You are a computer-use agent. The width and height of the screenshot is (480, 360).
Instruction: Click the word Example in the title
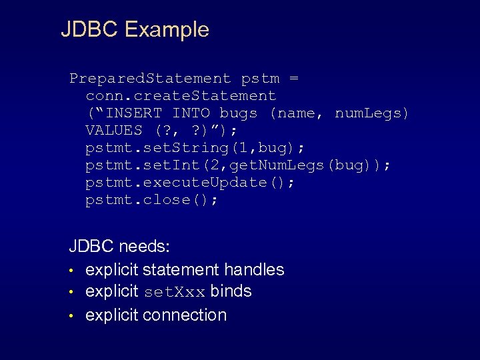pyautogui.click(x=166, y=29)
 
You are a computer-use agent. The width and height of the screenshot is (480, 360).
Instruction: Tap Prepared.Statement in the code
pyautogui.click(x=150, y=79)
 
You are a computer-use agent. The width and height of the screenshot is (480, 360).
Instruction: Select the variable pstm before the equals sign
pyautogui.click(x=260, y=79)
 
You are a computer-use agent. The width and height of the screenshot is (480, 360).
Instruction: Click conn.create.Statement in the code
pyautogui.click(x=181, y=96)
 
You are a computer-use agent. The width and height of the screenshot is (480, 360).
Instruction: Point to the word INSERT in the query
pyautogui.click(x=133, y=113)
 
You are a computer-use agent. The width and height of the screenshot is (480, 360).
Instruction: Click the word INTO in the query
pyautogui.click(x=191, y=113)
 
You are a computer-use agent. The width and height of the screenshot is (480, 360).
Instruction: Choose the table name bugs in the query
pyautogui.click(x=239, y=113)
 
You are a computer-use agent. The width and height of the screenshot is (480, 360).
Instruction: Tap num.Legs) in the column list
pyautogui.click(x=372, y=113)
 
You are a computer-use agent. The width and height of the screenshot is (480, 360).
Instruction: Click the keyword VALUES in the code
pyautogui.click(x=114, y=131)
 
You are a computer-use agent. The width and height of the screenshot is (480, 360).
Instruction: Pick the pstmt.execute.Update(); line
pyautogui.click(x=190, y=183)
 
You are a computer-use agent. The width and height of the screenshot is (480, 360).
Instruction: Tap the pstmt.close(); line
pyautogui.click(x=151, y=200)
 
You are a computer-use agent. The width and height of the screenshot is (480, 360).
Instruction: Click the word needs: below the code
pyautogui.click(x=144, y=247)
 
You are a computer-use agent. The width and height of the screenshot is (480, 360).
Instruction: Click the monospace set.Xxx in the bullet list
pyautogui.click(x=173, y=292)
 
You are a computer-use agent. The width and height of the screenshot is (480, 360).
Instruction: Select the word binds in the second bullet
pyautogui.click(x=231, y=291)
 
